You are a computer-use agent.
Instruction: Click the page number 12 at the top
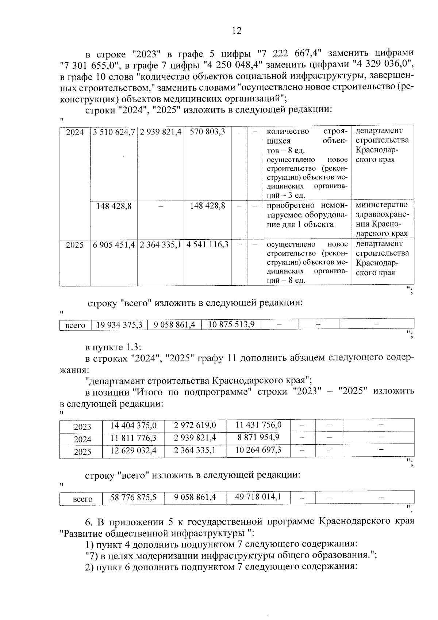tap(237, 31)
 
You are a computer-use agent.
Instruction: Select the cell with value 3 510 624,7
tap(114, 132)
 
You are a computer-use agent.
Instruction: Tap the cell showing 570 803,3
tap(207, 132)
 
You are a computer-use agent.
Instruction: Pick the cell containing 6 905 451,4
tap(114, 245)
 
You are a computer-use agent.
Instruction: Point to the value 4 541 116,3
tap(207, 244)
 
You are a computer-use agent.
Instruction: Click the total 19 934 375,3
tap(119, 325)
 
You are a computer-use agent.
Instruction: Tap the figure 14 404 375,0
tap(133, 426)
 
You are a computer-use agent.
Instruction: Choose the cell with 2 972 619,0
tap(195, 426)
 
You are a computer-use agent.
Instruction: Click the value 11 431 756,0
tap(258, 425)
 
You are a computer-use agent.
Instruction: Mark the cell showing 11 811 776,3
tap(133, 438)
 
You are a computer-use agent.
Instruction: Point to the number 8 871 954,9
tap(258, 438)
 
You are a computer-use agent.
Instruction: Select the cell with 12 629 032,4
tap(133, 451)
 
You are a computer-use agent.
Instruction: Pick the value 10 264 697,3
tap(258, 450)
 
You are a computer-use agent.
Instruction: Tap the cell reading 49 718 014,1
tap(258, 497)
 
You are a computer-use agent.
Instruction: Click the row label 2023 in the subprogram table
tap(82, 427)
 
